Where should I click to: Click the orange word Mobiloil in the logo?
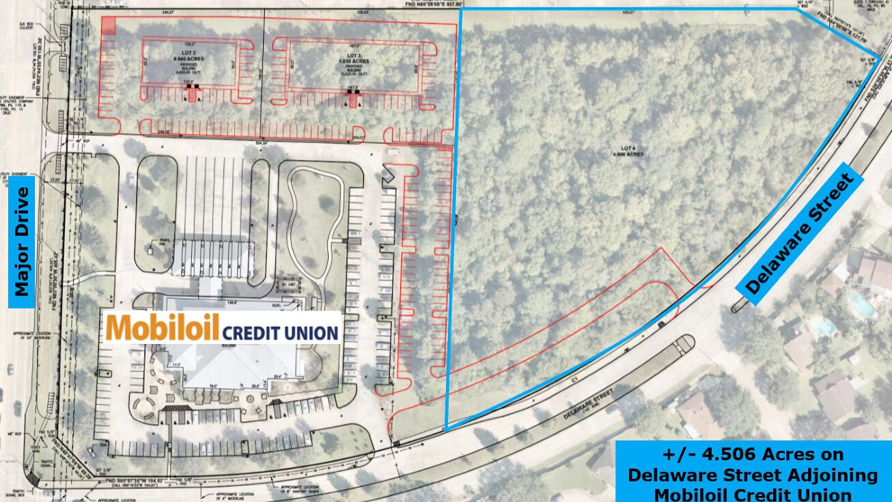click(x=163, y=328)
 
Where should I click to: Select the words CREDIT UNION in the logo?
click(x=280, y=332)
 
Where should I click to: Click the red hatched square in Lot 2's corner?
click(x=108, y=25)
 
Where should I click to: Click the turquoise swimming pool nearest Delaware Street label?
click(x=863, y=304)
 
